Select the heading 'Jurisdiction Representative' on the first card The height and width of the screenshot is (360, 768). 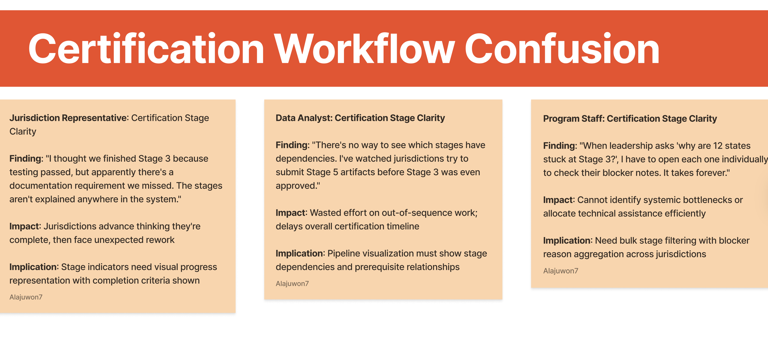[x=68, y=118]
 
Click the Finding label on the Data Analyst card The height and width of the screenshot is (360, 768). [x=292, y=145]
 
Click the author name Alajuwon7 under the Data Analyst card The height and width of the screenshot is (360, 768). [x=292, y=284]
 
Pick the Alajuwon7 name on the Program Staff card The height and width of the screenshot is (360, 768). [x=561, y=271]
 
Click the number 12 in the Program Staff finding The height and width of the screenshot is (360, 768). [x=718, y=146]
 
